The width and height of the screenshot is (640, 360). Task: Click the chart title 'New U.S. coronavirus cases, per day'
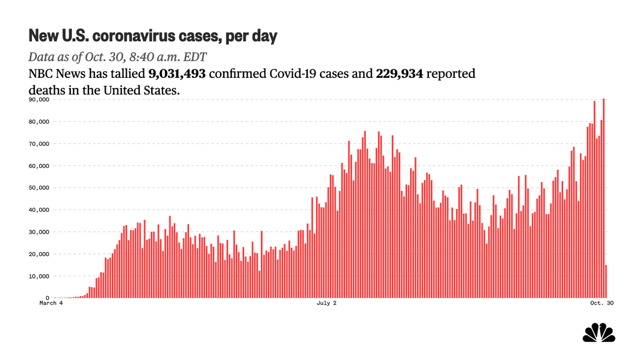click(x=153, y=36)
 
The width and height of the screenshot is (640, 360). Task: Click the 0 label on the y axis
click(x=47, y=298)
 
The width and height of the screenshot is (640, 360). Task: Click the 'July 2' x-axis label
click(x=327, y=304)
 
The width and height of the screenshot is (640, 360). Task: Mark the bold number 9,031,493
click(x=177, y=74)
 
